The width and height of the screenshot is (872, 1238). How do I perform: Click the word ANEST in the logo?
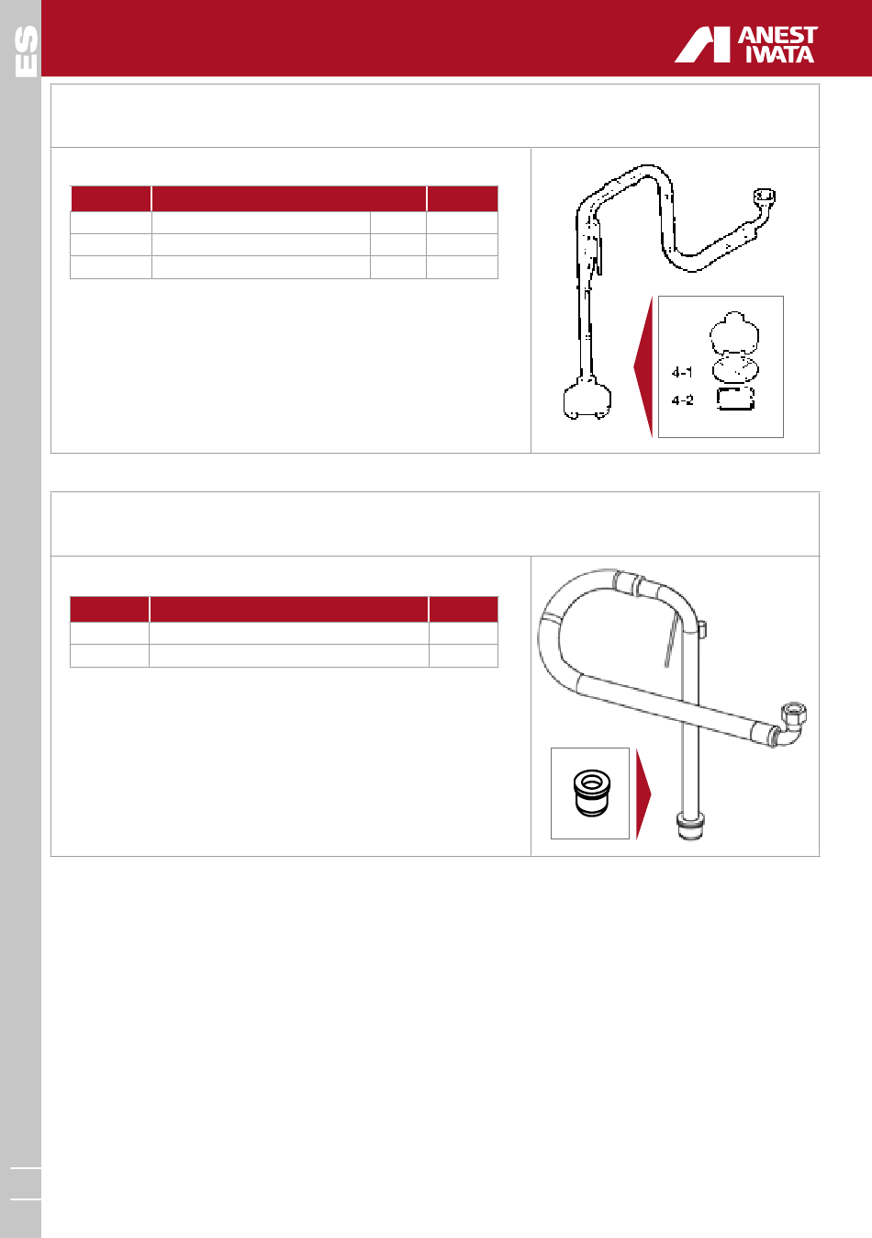(777, 36)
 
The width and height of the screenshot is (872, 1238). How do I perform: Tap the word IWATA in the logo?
(780, 53)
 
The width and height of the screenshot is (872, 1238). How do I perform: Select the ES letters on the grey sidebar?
(26, 51)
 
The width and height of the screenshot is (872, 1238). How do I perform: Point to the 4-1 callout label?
(682, 373)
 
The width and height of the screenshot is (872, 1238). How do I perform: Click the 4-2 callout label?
(682, 400)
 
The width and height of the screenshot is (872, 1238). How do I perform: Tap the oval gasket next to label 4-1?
(735, 369)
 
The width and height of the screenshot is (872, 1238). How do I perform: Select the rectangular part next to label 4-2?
(735, 399)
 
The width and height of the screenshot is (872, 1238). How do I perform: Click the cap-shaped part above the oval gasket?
(734, 332)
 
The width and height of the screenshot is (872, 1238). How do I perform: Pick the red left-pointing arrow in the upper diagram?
(644, 367)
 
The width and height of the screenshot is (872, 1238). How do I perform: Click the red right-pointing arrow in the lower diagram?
(643, 794)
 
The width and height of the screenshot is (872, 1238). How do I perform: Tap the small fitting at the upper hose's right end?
(765, 197)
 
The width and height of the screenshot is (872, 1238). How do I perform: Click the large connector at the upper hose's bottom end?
(587, 399)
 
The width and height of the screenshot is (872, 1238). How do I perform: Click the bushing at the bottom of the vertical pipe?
(690, 826)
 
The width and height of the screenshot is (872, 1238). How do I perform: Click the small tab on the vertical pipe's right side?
(702, 629)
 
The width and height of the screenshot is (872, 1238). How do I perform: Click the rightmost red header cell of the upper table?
(463, 199)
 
